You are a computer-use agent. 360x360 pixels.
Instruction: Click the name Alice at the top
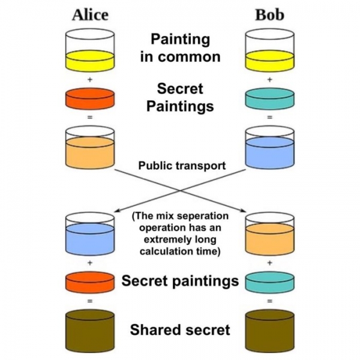tap(89, 14)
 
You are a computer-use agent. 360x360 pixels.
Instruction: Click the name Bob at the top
tap(269, 14)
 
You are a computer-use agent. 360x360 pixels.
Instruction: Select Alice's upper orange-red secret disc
tap(89, 98)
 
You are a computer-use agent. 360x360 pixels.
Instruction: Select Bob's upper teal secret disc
tap(269, 98)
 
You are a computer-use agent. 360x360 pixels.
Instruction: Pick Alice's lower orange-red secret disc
tap(89, 281)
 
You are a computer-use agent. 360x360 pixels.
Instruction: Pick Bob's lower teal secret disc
tap(269, 281)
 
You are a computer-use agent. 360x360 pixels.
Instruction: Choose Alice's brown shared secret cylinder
tap(89, 330)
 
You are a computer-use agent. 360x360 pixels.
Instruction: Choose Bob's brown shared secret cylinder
tap(269, 330)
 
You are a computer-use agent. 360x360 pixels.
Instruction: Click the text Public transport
tap(182, 165)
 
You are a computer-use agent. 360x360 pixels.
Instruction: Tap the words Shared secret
tap(180, 329)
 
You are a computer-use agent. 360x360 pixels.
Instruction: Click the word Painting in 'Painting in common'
tap(180, 40)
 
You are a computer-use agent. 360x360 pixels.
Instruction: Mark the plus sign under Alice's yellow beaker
tap(89, 79)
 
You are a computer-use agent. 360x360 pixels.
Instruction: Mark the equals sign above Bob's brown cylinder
tap(269, 301)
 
